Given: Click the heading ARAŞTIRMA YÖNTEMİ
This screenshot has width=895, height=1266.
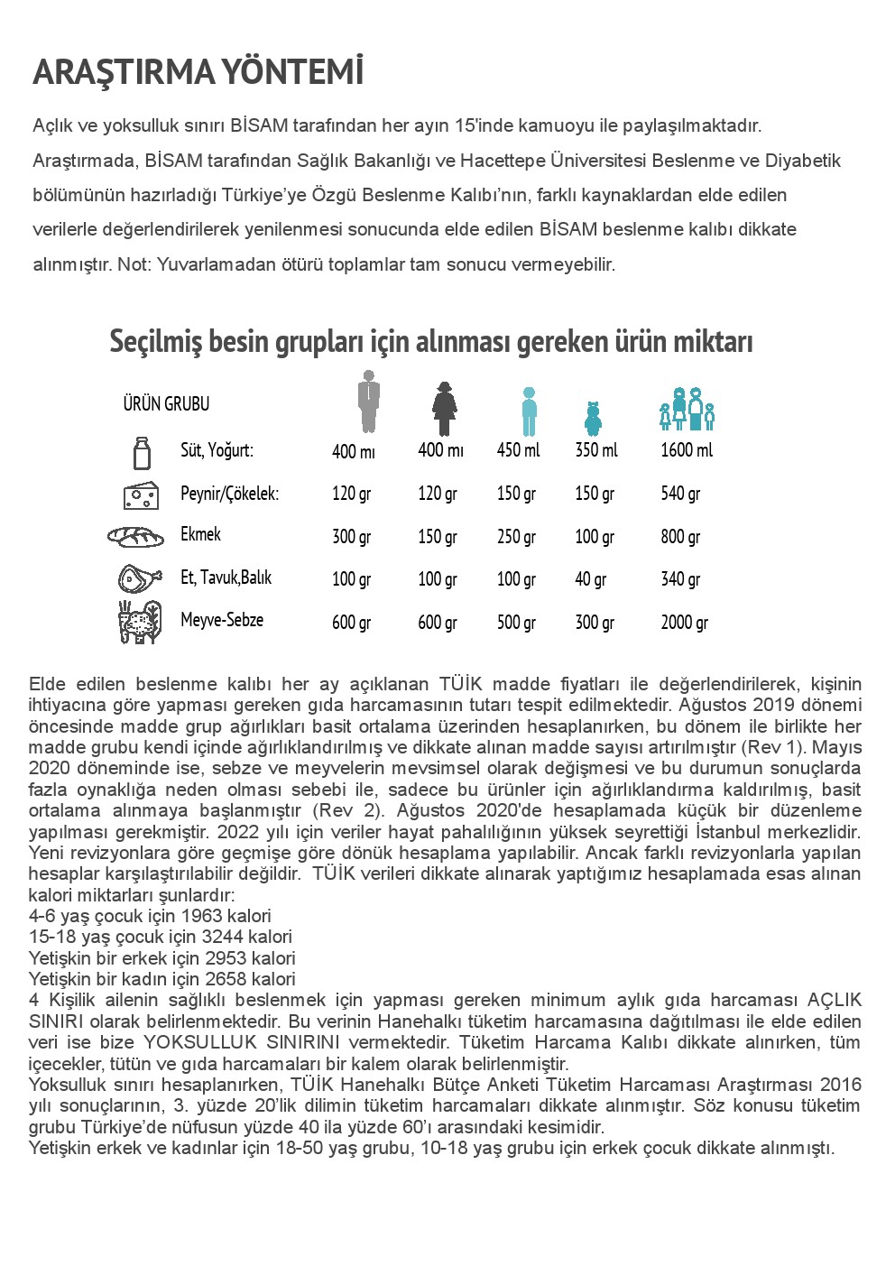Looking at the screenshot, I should [x=198, y=72].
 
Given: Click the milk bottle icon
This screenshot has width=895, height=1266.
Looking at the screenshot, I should [x=142, y=452].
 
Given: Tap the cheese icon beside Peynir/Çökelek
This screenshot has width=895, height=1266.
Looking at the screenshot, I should [x=141, y=494].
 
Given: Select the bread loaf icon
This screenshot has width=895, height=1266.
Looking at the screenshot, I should [x=136, y=537].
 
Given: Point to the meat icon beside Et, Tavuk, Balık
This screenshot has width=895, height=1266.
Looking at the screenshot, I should [x=140, y=578].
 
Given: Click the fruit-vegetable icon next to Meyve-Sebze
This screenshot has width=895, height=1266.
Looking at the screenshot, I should [x=140, y=622].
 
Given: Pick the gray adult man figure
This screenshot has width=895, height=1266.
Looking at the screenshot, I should [x=367, y=402].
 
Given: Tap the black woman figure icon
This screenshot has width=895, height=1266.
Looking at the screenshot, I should [x=444, y=409].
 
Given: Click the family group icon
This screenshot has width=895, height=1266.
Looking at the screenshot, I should [x=687, y=410].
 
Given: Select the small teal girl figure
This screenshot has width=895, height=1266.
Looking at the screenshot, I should [x=593, y=419].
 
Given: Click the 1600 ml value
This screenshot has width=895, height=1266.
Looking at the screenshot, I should [x=687, y=449].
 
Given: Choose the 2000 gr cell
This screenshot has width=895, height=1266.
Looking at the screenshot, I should [x=685, y=622].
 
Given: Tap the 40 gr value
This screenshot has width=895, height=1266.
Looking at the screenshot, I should [x=591, y=579].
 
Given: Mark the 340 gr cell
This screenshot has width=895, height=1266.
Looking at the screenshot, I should [x=680, y=579].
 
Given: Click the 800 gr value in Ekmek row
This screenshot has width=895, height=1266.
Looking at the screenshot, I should [x=680, y=537].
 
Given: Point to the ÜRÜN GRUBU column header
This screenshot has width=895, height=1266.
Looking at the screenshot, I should [x=166, y=404].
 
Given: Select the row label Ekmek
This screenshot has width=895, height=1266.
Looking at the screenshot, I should [x=200, y=534].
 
